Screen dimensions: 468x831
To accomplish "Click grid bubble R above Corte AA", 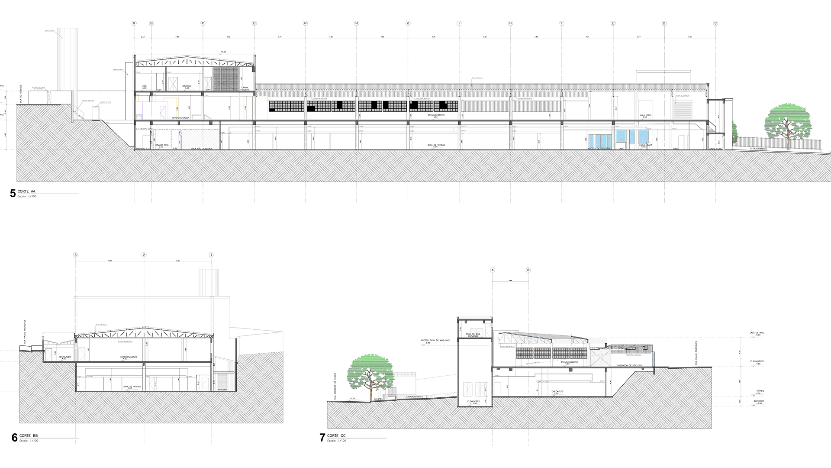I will (x=134, y=23).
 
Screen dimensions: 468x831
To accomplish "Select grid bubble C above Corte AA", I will (x=715, y=23).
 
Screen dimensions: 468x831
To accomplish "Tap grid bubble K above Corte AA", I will (x=408, y=23).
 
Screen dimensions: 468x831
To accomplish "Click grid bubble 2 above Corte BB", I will (x=144, y=255).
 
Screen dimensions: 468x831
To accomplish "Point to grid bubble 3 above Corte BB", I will (x=76, y=255).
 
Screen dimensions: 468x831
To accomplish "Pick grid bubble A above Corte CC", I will (x=492, y=270).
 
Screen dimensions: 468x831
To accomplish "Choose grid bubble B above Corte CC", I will (x=528, y=270).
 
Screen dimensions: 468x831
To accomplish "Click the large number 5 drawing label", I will (x=13, y=193).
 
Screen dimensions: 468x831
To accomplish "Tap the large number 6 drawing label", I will (x=14, y=437).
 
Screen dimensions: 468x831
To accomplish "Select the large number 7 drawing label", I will (x=322, y=438).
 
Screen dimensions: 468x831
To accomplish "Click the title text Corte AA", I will (x=27, y=191).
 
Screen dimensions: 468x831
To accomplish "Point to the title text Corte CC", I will (x=336, y=435).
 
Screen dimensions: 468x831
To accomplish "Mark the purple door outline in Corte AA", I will (x=163, y=111).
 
